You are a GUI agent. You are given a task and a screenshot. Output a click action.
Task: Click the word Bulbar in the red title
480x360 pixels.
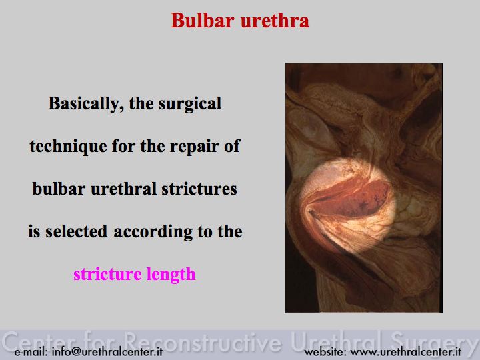(x=203, y=21)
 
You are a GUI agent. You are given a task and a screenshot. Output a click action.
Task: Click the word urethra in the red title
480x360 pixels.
(x=275, y=21)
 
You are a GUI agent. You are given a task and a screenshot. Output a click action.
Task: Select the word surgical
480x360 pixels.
(x=190, y=104)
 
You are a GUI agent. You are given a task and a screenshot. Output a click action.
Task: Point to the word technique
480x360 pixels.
(x=68, y=146)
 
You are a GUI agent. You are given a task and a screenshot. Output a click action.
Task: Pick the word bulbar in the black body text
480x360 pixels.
(x=59, y=189)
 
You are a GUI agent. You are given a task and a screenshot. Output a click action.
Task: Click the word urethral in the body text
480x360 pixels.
(x=124, y=189)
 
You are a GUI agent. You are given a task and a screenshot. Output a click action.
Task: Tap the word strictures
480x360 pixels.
(x=199, y=189)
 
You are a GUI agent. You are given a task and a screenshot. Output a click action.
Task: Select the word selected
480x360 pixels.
(x=77, y=231)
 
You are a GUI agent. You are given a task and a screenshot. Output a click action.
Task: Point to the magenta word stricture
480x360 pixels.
(x=107, y=274)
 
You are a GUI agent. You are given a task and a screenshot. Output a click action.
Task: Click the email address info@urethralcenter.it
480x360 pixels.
(x=107, y=351)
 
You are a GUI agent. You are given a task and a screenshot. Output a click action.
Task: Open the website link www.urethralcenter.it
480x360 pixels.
(x=405, y=351)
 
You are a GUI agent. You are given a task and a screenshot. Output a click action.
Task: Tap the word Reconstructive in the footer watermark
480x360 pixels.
(x=203, y=341)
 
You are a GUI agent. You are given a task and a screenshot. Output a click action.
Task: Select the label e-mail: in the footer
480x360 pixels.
(x=31, y=351)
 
